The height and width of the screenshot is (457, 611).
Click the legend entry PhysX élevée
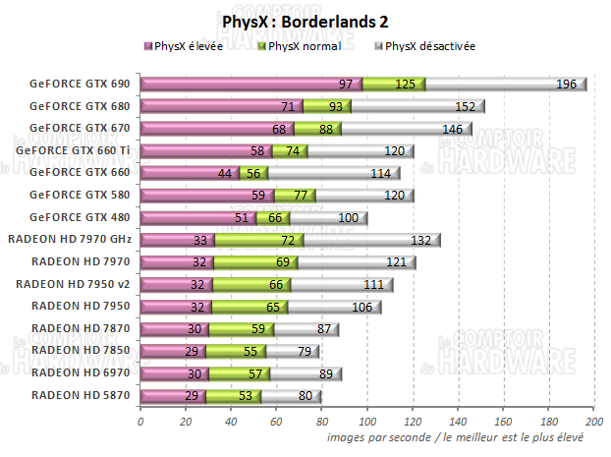coord(194,46)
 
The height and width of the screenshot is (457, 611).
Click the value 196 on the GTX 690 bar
coord(566,85)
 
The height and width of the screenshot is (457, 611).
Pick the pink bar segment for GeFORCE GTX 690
coord(250,85)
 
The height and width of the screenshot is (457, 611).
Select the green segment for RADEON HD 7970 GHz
coord(259,240)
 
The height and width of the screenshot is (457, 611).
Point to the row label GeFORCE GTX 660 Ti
coord(73,150)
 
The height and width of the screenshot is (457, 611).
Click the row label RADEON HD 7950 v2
coord(73,284)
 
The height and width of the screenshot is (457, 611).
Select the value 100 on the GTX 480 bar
coord(348,217)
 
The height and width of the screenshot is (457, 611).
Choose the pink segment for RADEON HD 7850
coord(173,351)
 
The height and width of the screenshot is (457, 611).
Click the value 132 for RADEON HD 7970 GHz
coord(419,240)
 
